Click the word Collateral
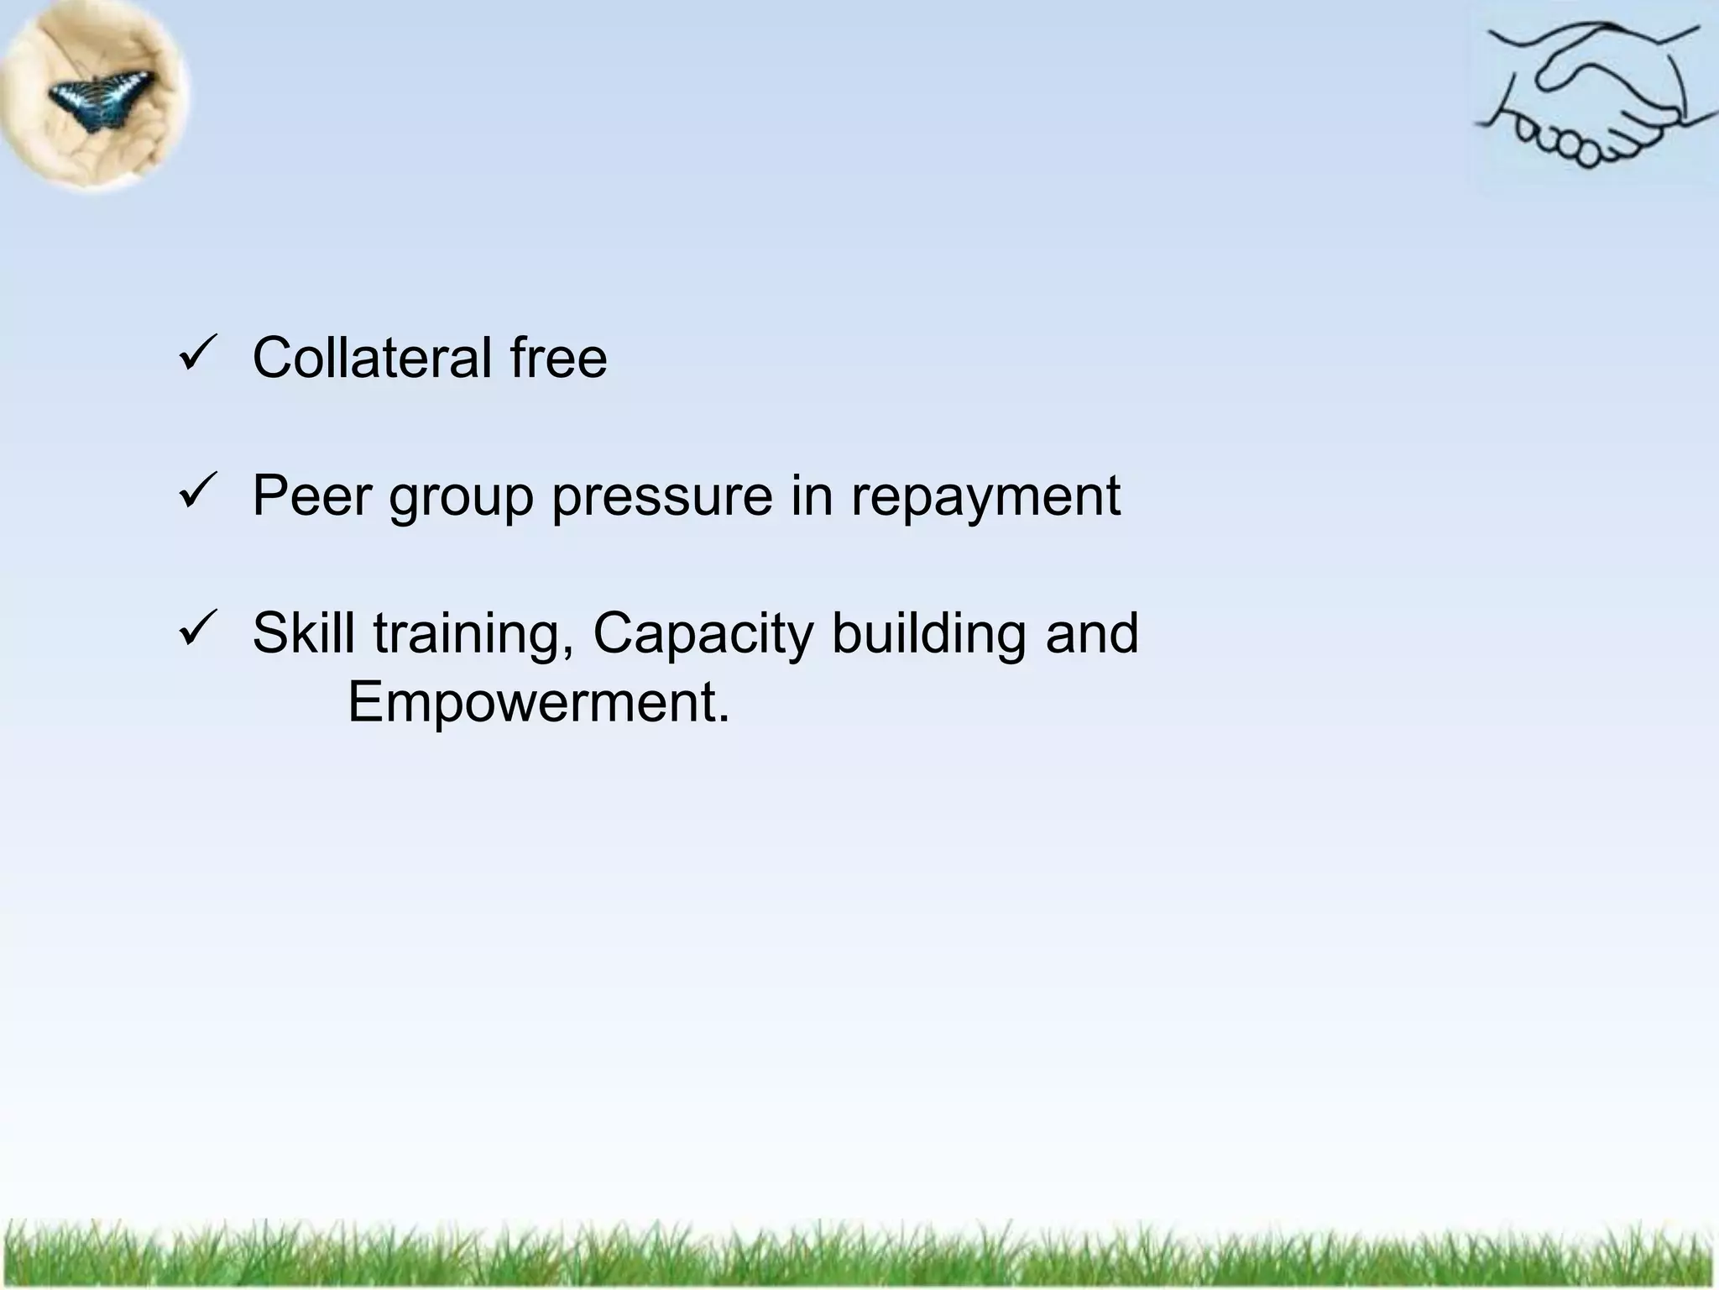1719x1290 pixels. point(372,359)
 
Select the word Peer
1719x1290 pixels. point(311,496)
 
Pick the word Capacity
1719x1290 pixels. point(703,635)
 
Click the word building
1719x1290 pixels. point(928,633)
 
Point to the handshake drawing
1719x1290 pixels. point(1591,97)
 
